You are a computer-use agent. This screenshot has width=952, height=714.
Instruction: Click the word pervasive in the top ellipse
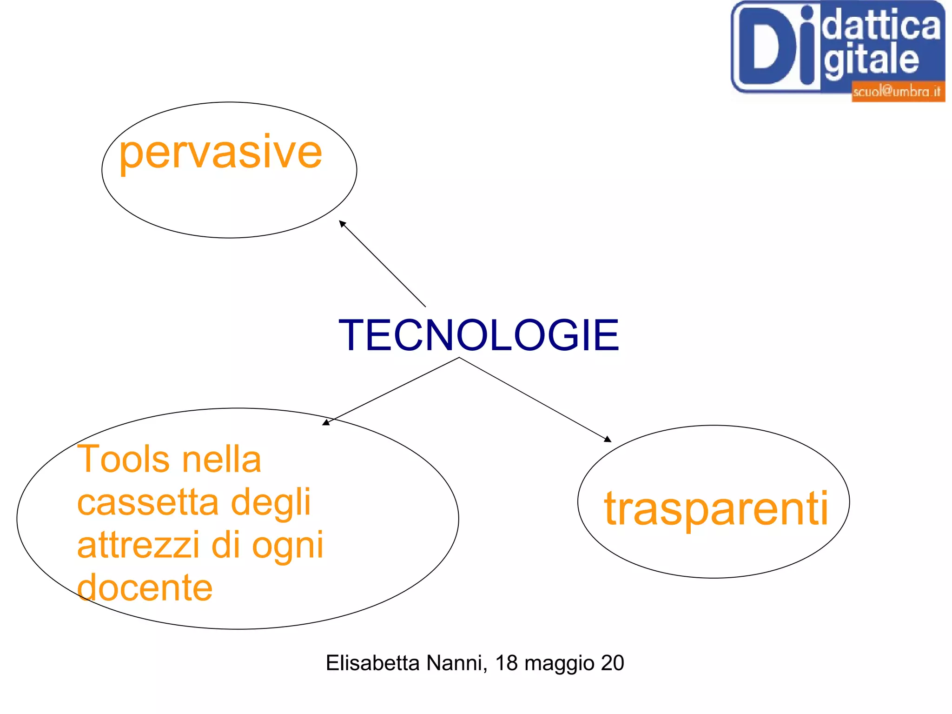click(220, 153)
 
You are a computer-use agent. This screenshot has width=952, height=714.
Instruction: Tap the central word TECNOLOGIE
click(479, 335)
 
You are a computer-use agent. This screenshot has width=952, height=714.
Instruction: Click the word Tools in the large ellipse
click(123, 460)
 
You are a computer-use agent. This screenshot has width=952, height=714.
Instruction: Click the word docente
click(145, 587)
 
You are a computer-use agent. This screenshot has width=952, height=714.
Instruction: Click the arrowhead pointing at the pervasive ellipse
click(343, 224)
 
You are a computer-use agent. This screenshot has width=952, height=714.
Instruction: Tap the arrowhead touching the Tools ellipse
click(326, 422)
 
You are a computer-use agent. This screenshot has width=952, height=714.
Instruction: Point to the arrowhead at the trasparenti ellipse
click(608, 439)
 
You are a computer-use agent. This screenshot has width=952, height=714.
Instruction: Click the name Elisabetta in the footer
click(374, 663)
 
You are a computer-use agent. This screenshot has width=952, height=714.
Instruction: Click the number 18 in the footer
click(506, 663)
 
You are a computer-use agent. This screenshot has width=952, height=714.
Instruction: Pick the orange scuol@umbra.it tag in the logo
click(897, 91)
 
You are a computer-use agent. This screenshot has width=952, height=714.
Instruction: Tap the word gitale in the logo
click(871, 60)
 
